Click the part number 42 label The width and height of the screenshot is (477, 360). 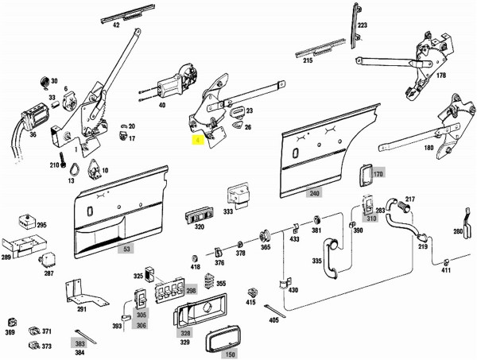click(116, 25)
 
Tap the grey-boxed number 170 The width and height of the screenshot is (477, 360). click(378, 173)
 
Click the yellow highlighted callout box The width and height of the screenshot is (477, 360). click(197, 140)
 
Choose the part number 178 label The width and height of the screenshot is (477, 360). click(440, 75)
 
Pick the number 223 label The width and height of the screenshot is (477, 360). click(363, 25)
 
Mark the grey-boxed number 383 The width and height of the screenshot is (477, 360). click(79, 343)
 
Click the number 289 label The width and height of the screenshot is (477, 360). click(6, 257)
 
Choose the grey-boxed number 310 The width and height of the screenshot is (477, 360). click(370, 219)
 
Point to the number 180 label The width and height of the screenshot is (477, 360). click(429, 147)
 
